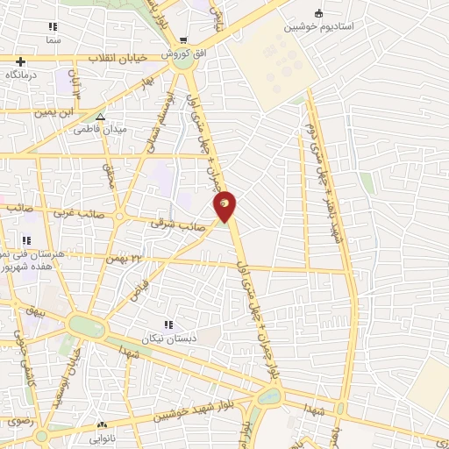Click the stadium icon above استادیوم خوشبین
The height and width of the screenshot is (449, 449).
tap(318, 13)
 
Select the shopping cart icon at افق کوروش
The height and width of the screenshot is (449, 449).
tap(183, 40)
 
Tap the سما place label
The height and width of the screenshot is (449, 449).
tap(54, 40)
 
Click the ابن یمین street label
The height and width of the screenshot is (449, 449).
tap(56, 112)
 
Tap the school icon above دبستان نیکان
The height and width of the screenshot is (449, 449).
tap(167, 324)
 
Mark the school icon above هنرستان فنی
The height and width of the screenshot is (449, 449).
tap(26, 240)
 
